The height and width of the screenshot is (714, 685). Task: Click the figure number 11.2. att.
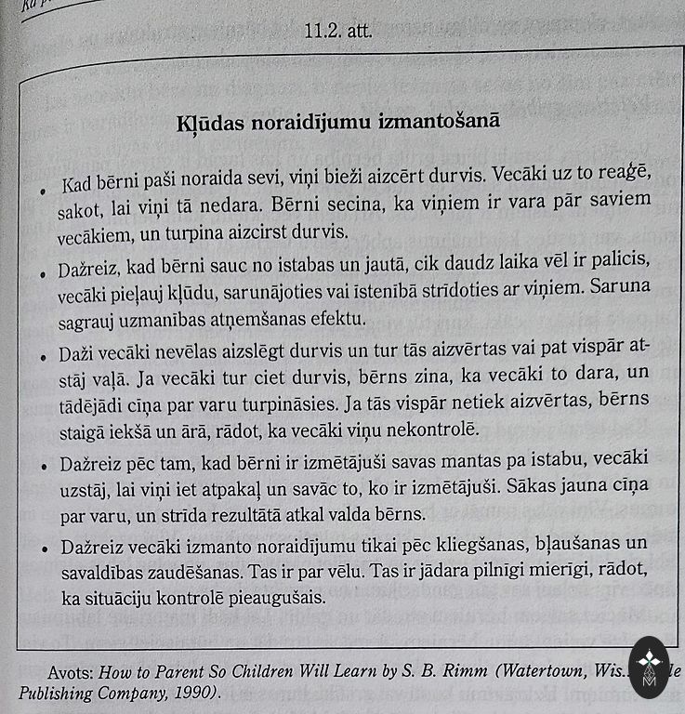click(x=337, y=31)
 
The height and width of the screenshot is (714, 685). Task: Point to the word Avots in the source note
click(x=70, y=671)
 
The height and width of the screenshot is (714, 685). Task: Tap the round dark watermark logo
click(x=649, y=667)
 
